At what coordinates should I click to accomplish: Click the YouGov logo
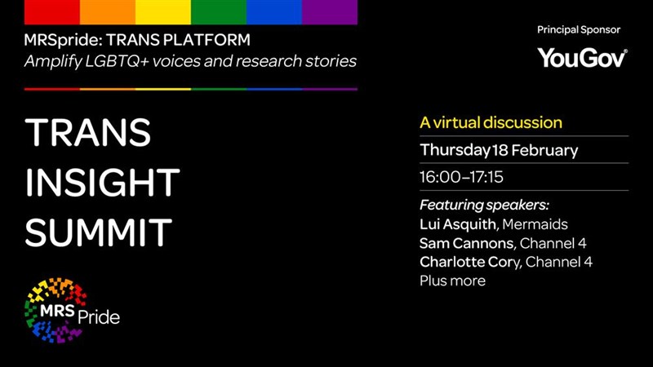[x=582, y=57]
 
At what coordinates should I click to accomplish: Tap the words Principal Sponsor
[x=579, y=30]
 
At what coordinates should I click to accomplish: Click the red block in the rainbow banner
[x=52, y=12]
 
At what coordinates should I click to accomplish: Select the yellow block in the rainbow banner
[x=163, y=12]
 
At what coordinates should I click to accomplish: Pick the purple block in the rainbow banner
[x=330, y=12]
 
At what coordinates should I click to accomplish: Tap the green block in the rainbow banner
[x=219, y=12]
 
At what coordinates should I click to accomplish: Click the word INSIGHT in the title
[x=103, y=182]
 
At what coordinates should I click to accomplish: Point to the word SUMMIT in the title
[x=99, y=232]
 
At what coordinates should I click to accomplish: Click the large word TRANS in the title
[x=88, y=132]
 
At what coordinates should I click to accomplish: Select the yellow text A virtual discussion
[x=491, y=123]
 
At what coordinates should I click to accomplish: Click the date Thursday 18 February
[x=499, y=150]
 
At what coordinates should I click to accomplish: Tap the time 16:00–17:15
[x=461, y=177]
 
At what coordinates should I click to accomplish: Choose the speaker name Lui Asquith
[x=458, y=224]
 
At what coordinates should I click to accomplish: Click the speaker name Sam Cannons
[x=467, y=243]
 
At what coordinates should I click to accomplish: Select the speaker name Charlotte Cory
[x=470, y=262]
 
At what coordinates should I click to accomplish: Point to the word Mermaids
[x=535, y=224]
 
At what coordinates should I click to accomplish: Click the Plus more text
[x=453, y=281]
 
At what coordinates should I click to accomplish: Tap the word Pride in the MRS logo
[x=99, y=317]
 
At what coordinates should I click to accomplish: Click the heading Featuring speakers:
[x=484, y=206]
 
